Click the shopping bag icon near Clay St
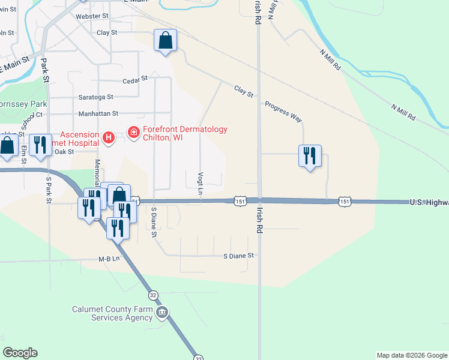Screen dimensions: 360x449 click(x=166, y=41)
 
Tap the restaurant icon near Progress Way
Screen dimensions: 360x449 click(x=310, y=156)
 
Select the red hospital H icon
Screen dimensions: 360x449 click(x=109, y=139)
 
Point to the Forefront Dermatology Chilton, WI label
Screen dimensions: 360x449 click(x=185, y=133)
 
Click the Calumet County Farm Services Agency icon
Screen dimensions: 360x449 click(x=162, y=313)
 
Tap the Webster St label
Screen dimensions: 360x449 click(x=92, y=15)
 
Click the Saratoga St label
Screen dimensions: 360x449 click(x=95, y=97)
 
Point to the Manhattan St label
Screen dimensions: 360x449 click(x=98, y=113)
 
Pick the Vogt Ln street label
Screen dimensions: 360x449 click(x=200, y=181)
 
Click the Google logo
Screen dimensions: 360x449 click(x=20, y=353)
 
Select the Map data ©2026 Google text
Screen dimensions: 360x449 click(x=412, y=355)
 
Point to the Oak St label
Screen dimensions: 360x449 click(x=64, y=152)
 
